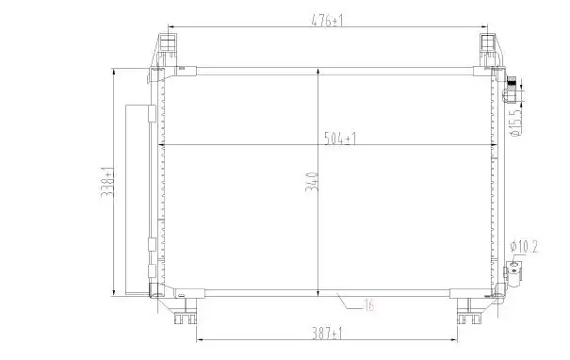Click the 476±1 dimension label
point(327,21)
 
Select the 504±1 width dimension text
point(340,139)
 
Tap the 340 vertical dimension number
point(312,182)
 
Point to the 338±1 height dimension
point(107,182)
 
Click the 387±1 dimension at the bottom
point(327,333)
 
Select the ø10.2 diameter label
point(524,247)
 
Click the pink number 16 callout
point(369,304)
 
